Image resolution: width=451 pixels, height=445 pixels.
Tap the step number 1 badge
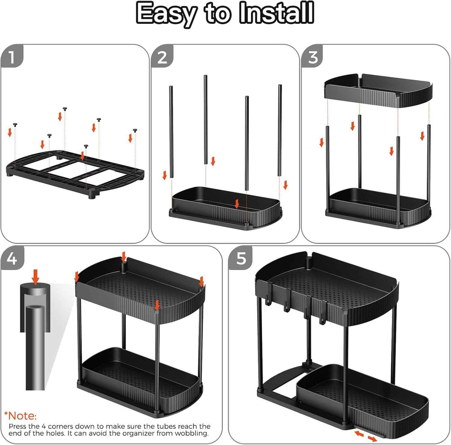11,57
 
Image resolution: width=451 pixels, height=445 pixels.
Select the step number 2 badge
162,57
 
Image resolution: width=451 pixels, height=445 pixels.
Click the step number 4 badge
12,259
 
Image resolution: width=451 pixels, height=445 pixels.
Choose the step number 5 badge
241,259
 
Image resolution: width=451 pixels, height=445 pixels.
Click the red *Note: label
20,416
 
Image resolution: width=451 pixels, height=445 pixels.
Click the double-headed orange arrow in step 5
366,436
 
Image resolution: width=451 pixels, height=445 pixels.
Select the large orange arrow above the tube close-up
36,277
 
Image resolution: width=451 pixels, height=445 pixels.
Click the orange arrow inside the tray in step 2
237,204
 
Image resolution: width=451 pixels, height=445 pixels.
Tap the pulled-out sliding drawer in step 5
362,401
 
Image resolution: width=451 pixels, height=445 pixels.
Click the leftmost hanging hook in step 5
269,294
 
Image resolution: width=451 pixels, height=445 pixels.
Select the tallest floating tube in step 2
205,120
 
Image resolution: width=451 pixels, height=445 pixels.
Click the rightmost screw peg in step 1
135,131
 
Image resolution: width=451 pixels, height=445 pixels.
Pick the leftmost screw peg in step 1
15,124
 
